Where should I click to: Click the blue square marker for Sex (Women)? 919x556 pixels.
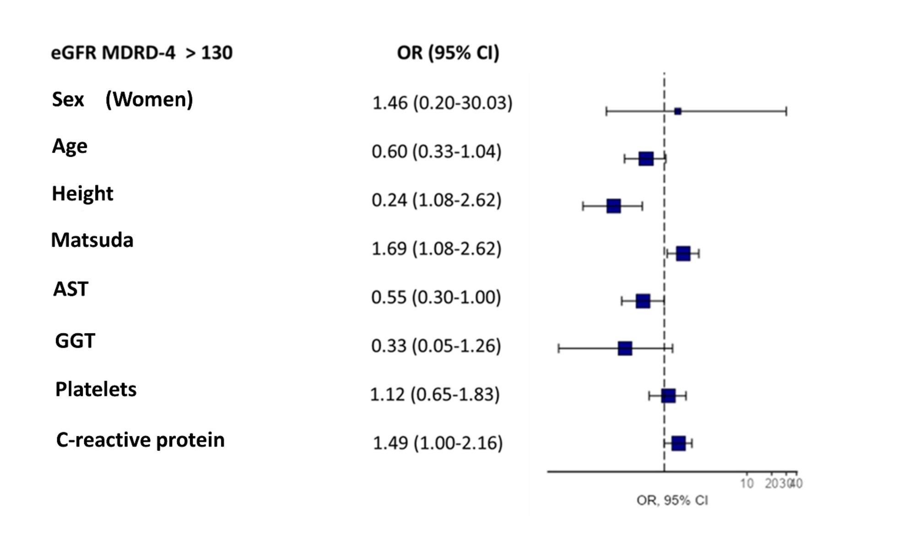point(678,111)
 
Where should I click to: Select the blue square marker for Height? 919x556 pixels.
point(614,206)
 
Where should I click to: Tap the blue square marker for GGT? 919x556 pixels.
point(625,348)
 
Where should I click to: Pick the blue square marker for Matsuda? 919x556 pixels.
point(683,253)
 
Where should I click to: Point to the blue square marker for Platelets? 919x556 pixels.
point(668,396)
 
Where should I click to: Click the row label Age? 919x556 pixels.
point(69,146)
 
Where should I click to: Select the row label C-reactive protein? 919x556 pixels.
point(140,440)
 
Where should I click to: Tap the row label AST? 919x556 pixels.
point(70,289)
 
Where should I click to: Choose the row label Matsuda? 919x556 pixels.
point(92,240)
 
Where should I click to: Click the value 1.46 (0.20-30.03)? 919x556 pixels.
point(442,103)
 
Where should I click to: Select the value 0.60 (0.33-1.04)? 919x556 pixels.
point(436,151)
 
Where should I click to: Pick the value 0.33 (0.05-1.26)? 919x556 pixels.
point(436,346)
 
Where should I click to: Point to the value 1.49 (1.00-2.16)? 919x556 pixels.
point(438,443)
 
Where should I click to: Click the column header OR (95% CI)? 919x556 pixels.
point(448,53)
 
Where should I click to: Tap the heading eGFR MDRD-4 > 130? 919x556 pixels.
point(141,53)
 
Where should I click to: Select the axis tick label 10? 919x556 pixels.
point(747,483)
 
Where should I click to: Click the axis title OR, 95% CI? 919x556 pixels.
point(672,500)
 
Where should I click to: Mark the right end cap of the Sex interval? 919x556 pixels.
point(786,111)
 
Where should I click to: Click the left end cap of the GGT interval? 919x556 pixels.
point(559,348)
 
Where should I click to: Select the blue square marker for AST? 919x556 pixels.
point(643,301)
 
